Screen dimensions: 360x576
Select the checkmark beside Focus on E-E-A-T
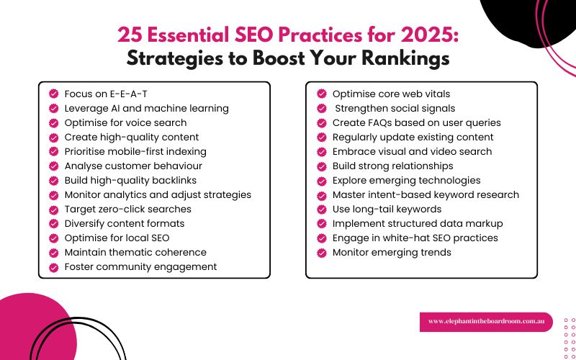[x=53, y=94]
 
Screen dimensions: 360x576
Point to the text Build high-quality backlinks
[x=130, y=180]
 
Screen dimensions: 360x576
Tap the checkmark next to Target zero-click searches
[x=53, y=209]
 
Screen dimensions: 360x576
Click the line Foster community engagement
[x=140, y=266]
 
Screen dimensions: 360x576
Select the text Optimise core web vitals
[x=391, y=94]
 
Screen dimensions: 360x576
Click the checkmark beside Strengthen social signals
[x=321, y=108]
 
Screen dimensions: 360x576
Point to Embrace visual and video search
[x=412, y=151]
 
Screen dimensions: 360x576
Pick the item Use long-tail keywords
[x=387, y=209]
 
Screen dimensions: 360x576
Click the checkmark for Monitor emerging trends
[x=321, y=252]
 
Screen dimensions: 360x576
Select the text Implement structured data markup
[x=418, y=223]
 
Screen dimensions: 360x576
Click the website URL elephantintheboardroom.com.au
[x=486, y=321]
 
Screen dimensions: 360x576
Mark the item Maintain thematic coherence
[x=135, y=252]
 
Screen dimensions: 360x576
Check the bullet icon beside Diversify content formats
[x=53, y=223]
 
